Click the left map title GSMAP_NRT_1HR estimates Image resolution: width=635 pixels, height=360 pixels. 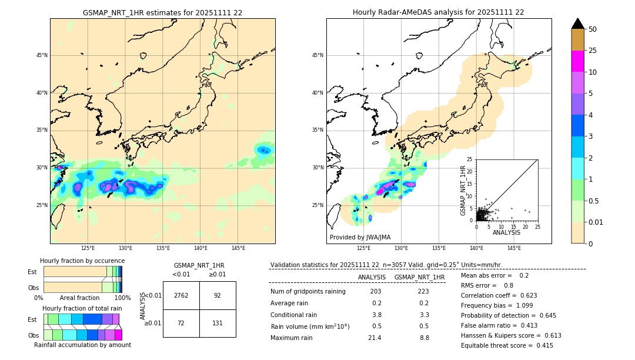[x=162, y=12]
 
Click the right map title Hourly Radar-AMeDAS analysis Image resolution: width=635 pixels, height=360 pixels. [x=439, y=12]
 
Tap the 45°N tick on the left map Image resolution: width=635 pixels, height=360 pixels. [x=42, y=55]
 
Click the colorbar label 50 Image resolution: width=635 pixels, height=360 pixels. [x=593, y=29]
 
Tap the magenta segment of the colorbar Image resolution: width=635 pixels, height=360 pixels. [x=577, y=61]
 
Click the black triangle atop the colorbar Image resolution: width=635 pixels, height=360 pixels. [x=577, y=24]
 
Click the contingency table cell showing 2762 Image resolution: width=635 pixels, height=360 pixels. [x=181, y=295]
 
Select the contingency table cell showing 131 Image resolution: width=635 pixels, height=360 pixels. [x=218, y=323]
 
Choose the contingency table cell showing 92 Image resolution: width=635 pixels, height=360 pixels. [x=218, y=295]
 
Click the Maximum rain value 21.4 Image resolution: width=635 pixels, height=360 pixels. [x=375, y=338]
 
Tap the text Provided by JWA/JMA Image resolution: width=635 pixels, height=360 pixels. [x=360, y=237]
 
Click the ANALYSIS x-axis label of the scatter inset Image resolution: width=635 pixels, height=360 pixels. [x=506, y=232]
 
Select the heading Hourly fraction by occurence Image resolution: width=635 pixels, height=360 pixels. [x=82, y=261]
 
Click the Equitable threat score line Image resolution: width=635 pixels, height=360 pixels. [x=507, y=345]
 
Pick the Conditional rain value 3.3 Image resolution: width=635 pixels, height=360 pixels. [x=424, y=315]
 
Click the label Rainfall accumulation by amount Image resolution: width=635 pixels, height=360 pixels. [x=82, y=345]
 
